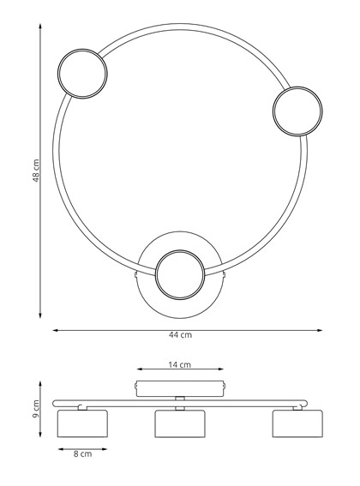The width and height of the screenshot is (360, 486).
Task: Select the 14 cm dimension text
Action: click(180, 365)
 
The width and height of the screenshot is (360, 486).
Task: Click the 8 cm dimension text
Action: click(81, 454)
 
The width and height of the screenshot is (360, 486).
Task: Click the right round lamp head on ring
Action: click(297, 110)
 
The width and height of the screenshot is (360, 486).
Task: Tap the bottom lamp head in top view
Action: click(180, 274)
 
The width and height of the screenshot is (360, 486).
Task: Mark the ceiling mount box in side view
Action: click(180, 388)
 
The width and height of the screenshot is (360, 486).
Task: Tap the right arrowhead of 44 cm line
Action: click(321, 328)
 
